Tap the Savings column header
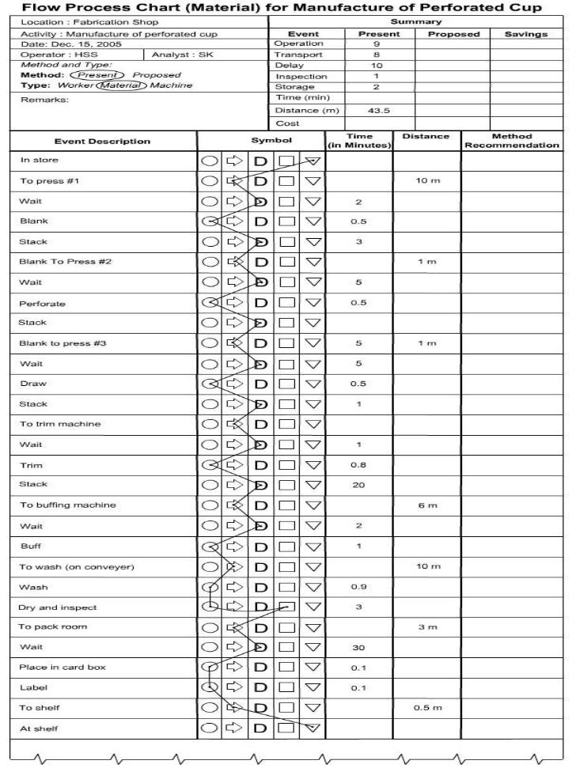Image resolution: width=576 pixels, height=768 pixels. [x=525, y=34]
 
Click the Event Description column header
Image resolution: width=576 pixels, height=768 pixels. [x=102, y=142]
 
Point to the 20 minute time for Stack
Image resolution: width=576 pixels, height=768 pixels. [x=358, y=486]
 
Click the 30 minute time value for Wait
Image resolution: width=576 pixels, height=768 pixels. [x=358, y=648]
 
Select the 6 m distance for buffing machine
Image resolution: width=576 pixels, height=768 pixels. [x=427, y=506]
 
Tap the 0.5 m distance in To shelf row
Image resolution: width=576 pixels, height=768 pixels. [x=427, y=708]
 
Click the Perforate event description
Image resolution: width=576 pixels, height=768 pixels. [x=43, y=304]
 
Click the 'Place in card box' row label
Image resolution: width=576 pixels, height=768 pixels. [x=63, y=668]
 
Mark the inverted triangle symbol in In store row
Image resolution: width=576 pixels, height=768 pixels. [x=313, y=161]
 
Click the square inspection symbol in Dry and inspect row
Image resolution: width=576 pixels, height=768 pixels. [x=286, y=607]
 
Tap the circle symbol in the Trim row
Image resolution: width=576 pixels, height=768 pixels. [x=210, y=465]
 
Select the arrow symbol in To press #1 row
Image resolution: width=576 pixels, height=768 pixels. [x=235, y=181]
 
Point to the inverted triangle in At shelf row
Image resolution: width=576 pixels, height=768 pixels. [x=313, y=728]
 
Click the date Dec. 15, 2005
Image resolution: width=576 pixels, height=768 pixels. [x=71, y=44]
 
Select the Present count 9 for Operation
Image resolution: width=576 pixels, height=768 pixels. [x=377, y=44]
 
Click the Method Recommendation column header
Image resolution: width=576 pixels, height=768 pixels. [x=511, y=141]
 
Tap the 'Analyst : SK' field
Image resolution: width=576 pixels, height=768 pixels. [x=177, y=55]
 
